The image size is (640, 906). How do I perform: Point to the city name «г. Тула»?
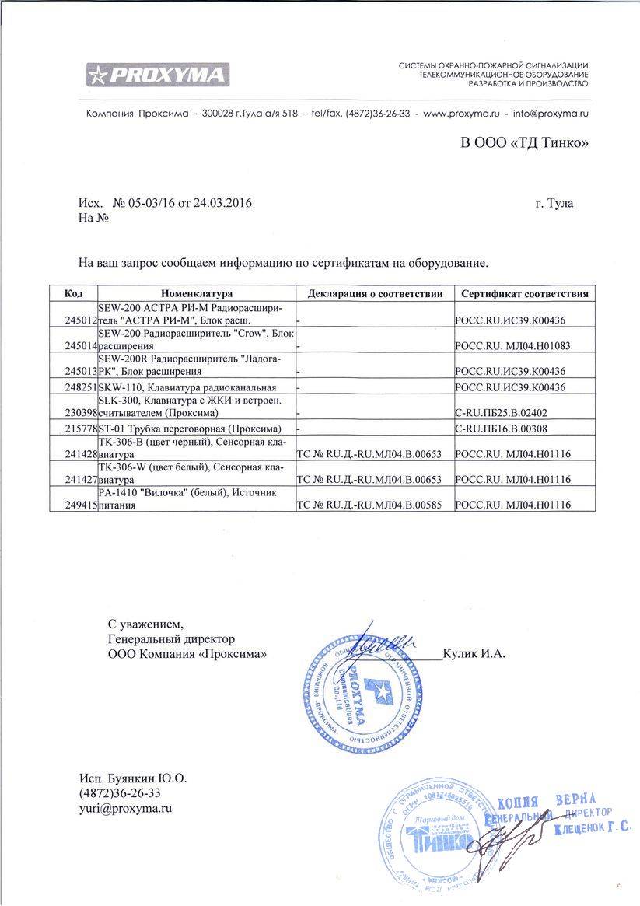point(554,204)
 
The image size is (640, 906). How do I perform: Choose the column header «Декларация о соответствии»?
point(375,294)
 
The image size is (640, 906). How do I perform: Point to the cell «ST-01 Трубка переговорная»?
point(190,429)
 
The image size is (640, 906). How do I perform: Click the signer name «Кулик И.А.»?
point(474,653)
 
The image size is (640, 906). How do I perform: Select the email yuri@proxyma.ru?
point(125,808)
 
